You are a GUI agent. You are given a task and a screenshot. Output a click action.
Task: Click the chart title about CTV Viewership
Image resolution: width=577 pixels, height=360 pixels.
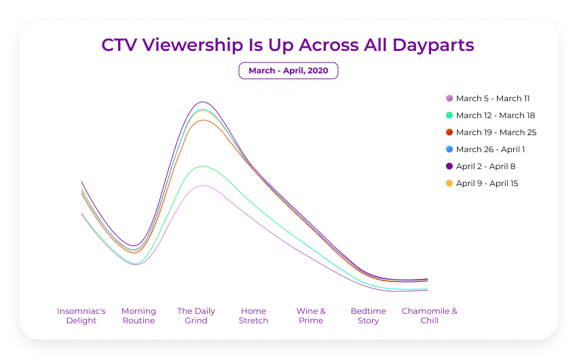point(288,45)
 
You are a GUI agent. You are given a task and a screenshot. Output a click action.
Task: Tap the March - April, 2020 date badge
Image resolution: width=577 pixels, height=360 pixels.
point(288,71)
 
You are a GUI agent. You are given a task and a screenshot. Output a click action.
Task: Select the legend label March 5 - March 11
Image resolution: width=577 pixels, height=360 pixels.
point(493,98)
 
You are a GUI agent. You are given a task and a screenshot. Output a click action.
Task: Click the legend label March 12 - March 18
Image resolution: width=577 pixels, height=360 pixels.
point(496,115)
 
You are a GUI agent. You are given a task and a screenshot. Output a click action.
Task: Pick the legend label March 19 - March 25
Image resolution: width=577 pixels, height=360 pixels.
point(496,132)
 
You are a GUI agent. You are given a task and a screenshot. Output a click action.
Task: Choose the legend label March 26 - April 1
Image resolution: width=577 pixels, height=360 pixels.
point(490,149)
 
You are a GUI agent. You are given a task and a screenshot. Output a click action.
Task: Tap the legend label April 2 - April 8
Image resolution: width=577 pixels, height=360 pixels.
point(485,166)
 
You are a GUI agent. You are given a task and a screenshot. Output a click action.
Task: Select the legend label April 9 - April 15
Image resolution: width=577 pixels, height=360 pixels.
point(487,183)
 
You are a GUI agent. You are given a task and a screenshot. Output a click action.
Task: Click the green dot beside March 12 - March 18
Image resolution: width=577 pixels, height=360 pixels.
point(449,115)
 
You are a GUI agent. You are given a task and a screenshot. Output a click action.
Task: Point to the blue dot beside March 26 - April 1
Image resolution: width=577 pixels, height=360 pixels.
point(449,149)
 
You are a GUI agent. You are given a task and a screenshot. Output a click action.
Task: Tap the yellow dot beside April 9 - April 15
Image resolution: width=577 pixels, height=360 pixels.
point(449,183)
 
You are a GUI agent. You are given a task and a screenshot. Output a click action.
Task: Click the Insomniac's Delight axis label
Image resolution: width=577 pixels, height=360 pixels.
point(81,316)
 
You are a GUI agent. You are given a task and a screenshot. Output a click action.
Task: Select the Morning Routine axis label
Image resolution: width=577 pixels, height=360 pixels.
point(138,316)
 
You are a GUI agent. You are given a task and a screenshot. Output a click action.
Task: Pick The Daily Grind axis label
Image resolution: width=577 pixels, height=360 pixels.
point(196,316)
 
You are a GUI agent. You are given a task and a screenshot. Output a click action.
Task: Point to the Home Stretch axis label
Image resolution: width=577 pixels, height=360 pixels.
point(253,316)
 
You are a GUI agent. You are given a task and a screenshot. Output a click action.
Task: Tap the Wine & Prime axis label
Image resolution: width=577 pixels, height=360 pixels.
point(311,316)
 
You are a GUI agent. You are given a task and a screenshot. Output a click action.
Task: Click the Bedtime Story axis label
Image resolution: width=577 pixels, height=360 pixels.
point(369,316)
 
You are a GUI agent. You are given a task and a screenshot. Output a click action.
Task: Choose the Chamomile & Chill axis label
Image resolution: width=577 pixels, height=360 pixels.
point(429,316)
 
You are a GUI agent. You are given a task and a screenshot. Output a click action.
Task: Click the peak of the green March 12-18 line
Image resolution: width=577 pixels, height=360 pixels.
point(202,166)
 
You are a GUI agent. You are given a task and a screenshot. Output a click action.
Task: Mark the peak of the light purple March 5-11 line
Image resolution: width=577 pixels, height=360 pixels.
point(202,185)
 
